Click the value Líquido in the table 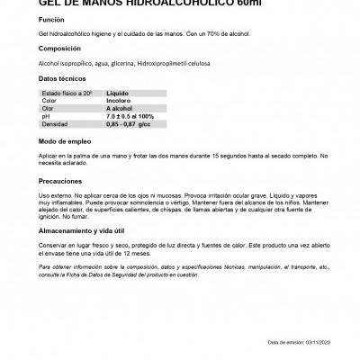pos(118,93)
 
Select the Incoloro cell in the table pos(120,100)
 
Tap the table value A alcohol pos(121,107)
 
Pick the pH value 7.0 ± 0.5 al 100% pos(130,114)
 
